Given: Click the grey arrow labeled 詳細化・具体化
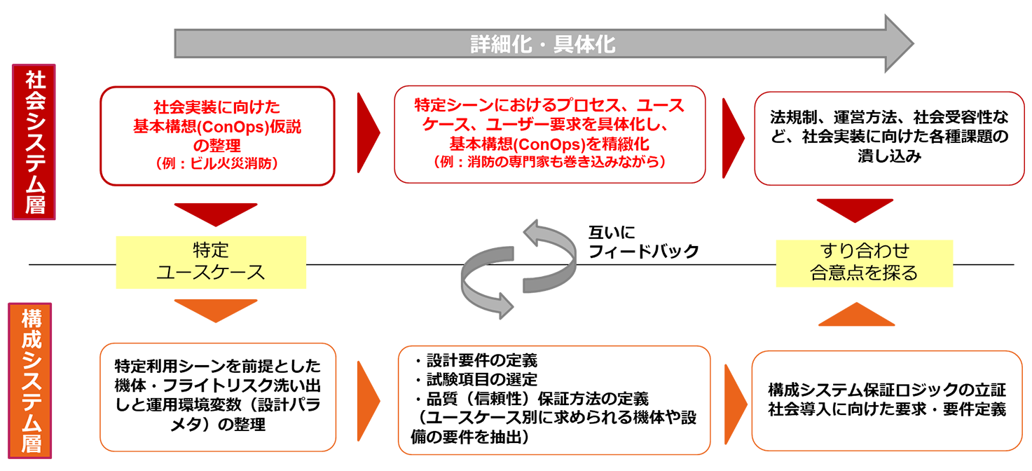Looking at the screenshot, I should click(x=543, y=44).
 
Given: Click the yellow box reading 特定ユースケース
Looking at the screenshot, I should click(x=211, y=262).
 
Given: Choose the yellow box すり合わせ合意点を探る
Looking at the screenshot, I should click(x=864, y=262).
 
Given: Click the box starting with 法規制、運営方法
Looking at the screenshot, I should click(x=888, y=138).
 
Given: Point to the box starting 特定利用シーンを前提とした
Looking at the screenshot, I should click(x=217, y=395).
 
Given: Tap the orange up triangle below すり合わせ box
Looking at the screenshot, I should click(x=856, y=315).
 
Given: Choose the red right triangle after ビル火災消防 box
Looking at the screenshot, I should click(x=367, y=130).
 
